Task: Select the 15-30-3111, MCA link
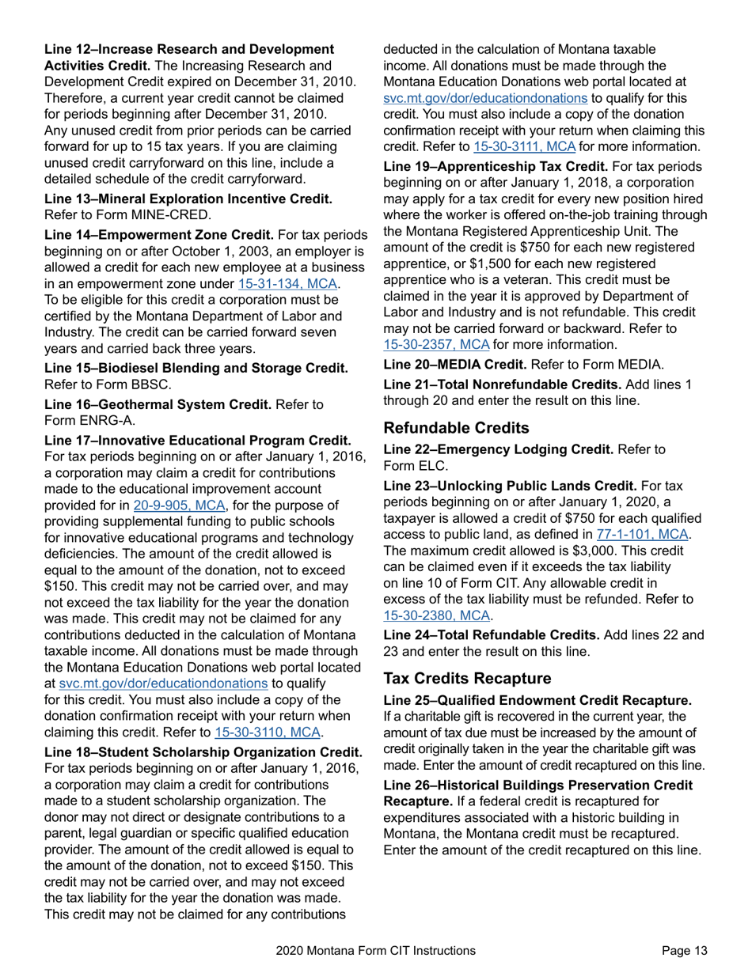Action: pyautogui.click(x=523, y=146)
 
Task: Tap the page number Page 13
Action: pyautogui.click(x=685, y=951)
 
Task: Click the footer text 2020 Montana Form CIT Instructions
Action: pyautogui.click(x=376, y=951)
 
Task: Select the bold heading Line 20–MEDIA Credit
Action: pyautogui.click(x=454, y=365)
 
